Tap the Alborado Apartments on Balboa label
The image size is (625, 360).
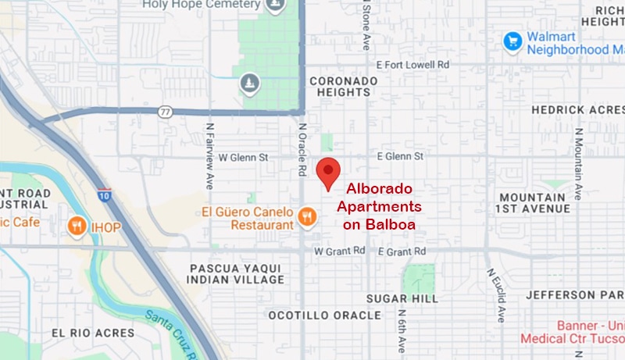pyautogui.click(x=379, y=207)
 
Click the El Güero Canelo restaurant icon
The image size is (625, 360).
pyautogui.click(x=307, y=216)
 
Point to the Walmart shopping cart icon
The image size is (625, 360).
pyautogui.click(x=512, y=40)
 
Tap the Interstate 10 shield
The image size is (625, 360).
pyautogui.click(x=104, y=195)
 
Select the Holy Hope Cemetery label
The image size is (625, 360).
pyautogui.click(x=201, y=5)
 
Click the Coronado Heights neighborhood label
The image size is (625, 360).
pyautogui.click(x=344, y=86)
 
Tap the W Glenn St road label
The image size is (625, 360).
pyautogui.click(x=243, y=157)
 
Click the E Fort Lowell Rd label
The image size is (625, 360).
pyautogui.click(x=412, y=65)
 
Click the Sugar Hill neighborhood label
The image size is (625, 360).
pyautogui.click(x=398, y=299)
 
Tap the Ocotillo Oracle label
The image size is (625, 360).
pyautogui.click(x=324, y=315)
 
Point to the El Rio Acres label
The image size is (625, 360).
pyautogui.click(x=92, y=333)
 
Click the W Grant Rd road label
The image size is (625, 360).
pyautogui.click(x=339, y=251)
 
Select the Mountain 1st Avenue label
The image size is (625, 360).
pyautogui.click(x=534, y=203)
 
